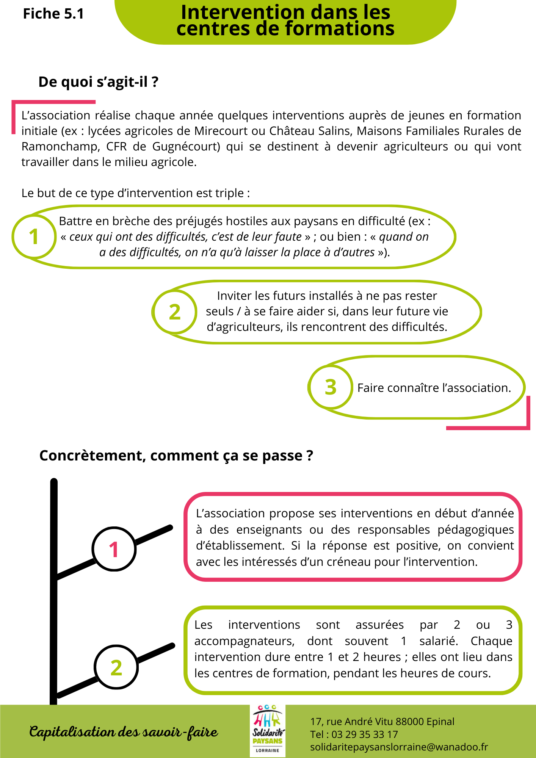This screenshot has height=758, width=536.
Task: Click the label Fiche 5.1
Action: click(x=53, y=14)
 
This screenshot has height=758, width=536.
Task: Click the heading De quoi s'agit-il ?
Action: click(x=98, y=82)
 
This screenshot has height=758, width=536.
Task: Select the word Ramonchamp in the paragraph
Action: click(x=58, y=146)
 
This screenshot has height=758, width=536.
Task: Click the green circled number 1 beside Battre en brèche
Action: click(x=34, y=236)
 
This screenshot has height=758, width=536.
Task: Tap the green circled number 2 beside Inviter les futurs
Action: click(x=174, y=312)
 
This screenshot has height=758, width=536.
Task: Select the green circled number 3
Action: click(x=331, y=387)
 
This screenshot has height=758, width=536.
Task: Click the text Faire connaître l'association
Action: click(x=434, y=388)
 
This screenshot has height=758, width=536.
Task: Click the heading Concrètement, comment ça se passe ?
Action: click(x=176, y=456)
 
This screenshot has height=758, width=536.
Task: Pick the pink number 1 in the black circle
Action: click(x=114, y=549)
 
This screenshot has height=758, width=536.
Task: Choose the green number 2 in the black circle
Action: click(x=116, y=667)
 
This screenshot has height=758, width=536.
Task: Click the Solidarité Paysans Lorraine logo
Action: click(x=268, y=731)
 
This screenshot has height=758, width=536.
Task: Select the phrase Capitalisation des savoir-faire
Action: click(x=124, y=732)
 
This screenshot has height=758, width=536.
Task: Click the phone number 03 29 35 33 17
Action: click(x=365, y=735)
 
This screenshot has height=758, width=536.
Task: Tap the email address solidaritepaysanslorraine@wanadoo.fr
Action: click(x=399, y=747)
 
